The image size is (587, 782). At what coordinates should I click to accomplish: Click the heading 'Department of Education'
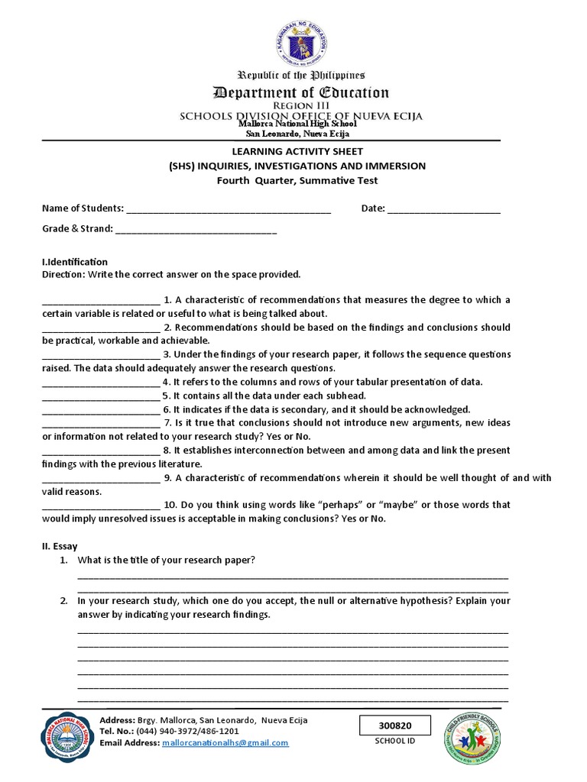(x=300, y=93)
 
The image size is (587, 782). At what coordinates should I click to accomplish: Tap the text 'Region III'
(x=300, y=106)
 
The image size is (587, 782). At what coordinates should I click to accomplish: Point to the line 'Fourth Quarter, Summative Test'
(x=297, y=180)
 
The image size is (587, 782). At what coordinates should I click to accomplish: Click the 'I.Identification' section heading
(x=75, y=262)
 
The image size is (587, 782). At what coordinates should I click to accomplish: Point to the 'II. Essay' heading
(x=60, y=547)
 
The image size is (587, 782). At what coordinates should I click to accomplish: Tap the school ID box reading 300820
(x=395, y=725)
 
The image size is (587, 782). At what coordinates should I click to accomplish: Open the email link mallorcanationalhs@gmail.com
(x=225, y=743)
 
